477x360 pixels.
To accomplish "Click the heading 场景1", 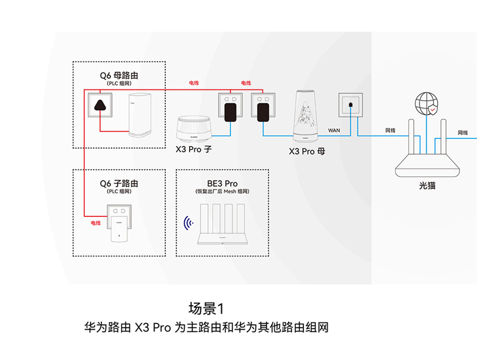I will coord(206,309).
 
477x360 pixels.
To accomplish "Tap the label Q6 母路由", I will coord(119,76).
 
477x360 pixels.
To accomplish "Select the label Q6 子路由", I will coord(119,183).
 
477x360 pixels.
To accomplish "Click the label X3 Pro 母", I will coord(307,151).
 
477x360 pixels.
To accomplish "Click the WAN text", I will coord(334,129).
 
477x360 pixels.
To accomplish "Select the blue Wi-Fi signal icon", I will coord(190,224).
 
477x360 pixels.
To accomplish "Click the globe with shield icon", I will coord(426,103).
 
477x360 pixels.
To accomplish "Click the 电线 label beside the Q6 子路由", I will coord(95,223).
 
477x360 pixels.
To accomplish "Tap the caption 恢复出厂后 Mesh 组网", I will coord(222,191).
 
